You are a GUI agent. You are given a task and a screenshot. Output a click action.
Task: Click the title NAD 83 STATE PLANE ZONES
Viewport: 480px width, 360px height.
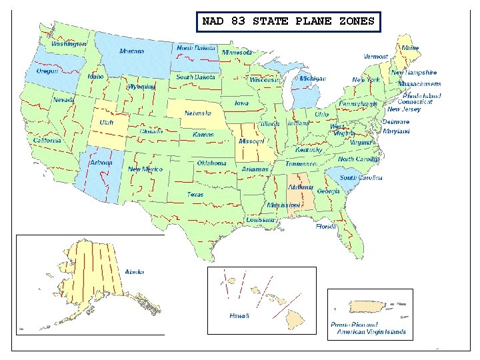point(289,21)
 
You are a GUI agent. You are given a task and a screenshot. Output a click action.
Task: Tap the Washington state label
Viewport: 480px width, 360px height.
point(69,43)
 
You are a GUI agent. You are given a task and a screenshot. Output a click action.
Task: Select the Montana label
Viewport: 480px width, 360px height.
point(131,51)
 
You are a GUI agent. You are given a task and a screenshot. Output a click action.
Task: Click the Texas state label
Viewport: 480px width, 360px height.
point(195,195)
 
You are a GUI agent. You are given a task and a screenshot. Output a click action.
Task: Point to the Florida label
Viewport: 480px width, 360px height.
point(326,227)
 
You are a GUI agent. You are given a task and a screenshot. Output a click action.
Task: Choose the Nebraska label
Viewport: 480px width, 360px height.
point(198,113)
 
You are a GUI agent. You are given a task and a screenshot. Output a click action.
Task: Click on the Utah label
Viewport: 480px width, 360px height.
point(107,123)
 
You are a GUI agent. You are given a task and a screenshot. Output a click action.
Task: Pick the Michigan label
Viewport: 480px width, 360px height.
point(312,79)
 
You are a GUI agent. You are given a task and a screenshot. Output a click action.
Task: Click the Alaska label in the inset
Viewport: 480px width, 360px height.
point(134,272)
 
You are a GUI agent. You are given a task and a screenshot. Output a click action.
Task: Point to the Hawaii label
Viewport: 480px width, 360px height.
point(239,315)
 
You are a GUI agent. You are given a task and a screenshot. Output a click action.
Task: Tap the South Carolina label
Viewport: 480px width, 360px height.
point(361,178)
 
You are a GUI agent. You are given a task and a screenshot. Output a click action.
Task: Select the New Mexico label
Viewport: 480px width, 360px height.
point(145,169)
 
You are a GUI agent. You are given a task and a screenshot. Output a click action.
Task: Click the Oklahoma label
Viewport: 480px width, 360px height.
point(211,163)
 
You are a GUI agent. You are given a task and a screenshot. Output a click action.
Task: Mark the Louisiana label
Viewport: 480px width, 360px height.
point(260,219)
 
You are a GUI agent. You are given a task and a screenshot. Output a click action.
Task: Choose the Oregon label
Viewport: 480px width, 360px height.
point(47,71)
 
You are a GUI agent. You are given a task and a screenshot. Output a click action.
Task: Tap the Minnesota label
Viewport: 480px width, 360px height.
point(237,52)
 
